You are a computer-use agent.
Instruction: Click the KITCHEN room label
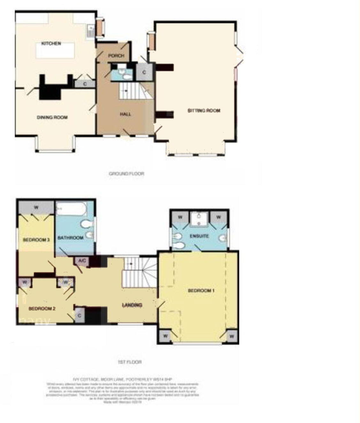[x=51, y=43]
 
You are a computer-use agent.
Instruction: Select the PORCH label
[x=116, y=56]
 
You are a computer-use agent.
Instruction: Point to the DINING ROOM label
[x=52, y=117]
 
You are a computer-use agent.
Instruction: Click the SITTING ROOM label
[x=204, y=111]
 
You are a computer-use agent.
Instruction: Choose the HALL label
[x=125, y=114]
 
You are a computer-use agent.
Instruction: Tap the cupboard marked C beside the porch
[x=144, y=72]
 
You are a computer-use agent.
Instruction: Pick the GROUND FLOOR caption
[x=126, y=174]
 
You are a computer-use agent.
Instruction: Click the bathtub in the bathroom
[x=71, y=209]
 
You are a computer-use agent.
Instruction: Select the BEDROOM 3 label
[x=36, y=240]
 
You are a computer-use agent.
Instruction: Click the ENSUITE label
[x=199, y=236]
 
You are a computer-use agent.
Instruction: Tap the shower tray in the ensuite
[x=199, y=219]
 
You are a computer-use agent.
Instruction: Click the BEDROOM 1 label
[x=201, y=291]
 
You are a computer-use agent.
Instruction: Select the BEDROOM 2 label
[x=42, y=309]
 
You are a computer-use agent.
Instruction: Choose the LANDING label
[x=132, y=305]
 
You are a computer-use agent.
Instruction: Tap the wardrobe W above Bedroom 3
[x=36, y=208]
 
